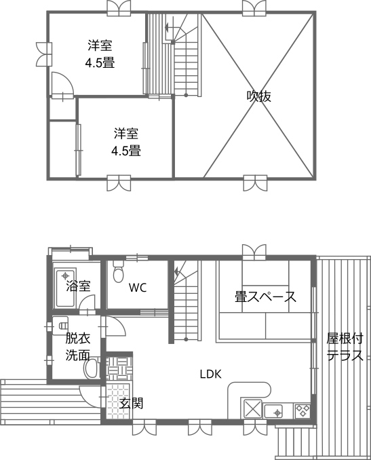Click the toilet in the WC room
118,271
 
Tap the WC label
138,288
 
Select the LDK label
210,374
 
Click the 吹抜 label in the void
258,96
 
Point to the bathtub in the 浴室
65,287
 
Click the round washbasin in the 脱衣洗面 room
91,368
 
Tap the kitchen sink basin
273,411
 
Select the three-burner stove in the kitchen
302,410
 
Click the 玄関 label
131,404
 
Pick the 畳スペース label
265,297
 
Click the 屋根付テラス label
345,347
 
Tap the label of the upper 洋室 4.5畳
100,54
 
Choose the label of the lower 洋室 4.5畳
126,142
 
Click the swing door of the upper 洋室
62,84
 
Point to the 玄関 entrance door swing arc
90,397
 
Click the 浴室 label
78,286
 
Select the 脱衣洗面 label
77,347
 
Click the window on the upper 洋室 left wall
44,54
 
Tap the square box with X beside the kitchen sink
252,409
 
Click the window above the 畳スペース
254,252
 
